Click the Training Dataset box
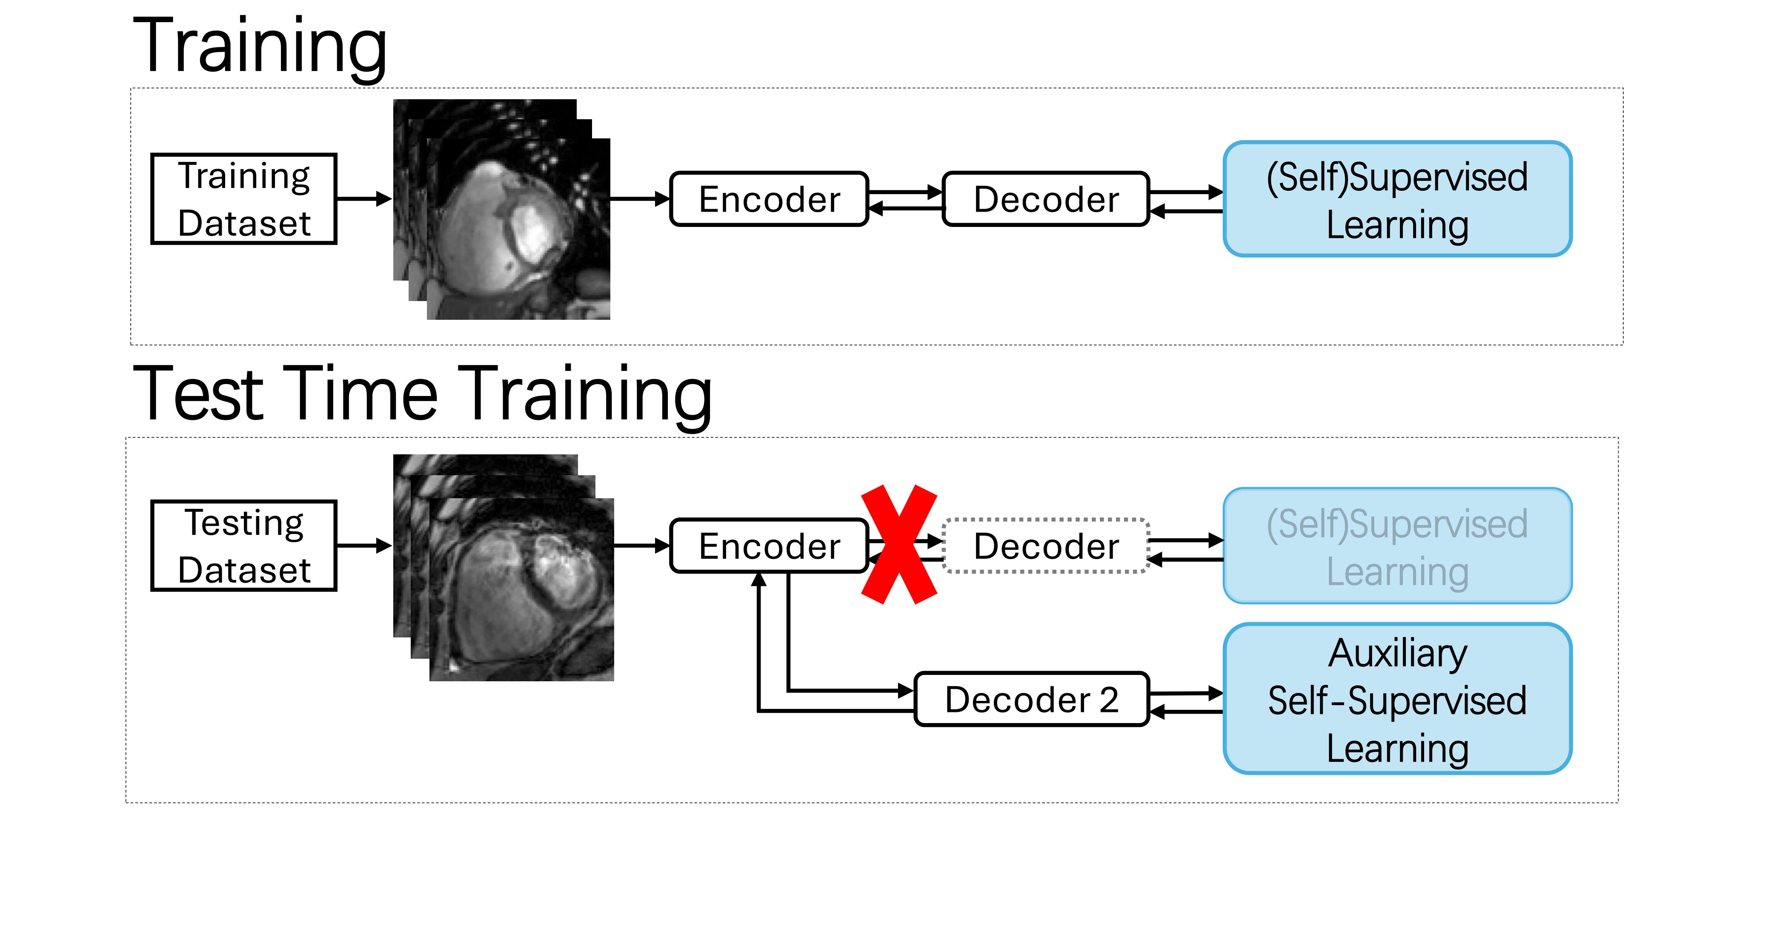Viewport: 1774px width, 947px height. pyautogui.click(x=244, y=199)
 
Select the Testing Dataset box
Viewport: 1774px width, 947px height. pyautogui.click(x=244, y=545)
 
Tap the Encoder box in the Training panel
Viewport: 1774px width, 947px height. pyautogui.click(x=769, y=199)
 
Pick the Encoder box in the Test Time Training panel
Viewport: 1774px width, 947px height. pyautogui.click(x=769, y=545)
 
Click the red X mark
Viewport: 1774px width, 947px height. pyautogui.click(x=899, y=544)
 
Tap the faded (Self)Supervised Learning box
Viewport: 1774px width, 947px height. pyautogui.click(x=1397, y=545)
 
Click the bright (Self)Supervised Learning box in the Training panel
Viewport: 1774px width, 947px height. pyautogui.click(x=1397, y=199)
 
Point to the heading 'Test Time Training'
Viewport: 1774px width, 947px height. pyautogui.click(x=421, y=393)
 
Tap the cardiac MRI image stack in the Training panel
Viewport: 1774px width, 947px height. pyautogui.click(x=501, y=209)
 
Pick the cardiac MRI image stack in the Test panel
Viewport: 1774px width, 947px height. pyautogui.click(x=504, y=568)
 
